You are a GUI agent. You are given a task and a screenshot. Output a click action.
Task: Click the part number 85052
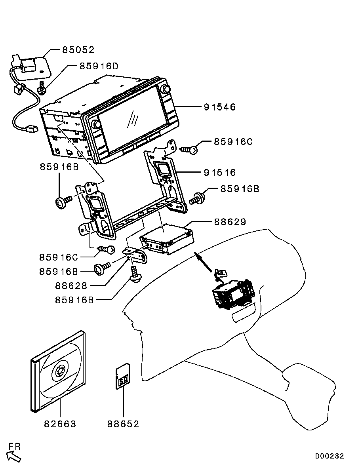78,50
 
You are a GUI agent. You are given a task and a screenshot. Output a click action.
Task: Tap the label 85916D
99,66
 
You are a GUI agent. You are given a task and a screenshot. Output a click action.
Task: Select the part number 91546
220,107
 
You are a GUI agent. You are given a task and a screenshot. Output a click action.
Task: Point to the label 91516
220,173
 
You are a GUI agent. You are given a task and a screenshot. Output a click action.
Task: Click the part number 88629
230,222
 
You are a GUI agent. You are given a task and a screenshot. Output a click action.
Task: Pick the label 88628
71,285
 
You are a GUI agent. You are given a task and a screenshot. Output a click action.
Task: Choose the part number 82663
60,424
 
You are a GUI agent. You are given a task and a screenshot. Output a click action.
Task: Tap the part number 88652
123,424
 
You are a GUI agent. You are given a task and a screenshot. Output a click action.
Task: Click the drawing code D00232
330,456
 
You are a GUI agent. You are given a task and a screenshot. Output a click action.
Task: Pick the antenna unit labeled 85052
34,65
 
